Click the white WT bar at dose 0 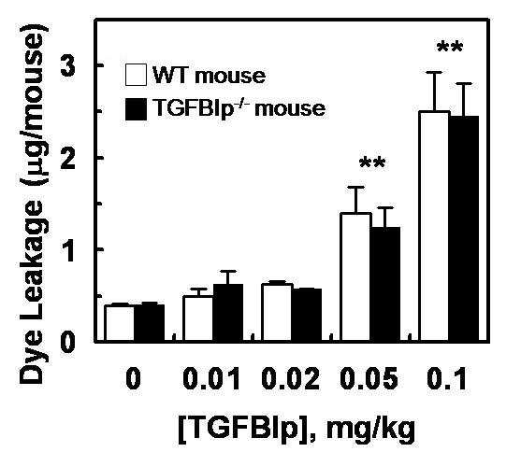click(x=120, y=323)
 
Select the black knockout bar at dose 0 click(x=150, y=322)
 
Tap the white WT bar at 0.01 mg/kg click(x=198, y=318)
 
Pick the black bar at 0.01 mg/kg click(x=228, y=313)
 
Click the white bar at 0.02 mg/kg click(x=277, y=312)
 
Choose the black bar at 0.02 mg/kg click(x=307, y=315)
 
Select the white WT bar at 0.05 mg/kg click(x=355, y=276)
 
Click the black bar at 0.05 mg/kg click(x=385, y=284)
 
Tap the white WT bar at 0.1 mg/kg click(x=434, y=226)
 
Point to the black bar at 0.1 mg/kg click(x=464, y=229)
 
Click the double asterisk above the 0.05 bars click(x=372, y=162)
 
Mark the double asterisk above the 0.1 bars click(x=450, y=47)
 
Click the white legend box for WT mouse click(x=136, y=75)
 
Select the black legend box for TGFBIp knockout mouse click(x=136, y=109)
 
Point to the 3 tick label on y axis click(x=68, y=66)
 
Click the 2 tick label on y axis click(x=68, y=158)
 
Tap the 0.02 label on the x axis click(x=291, y=378)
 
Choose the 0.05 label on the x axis click(x=369, y=378)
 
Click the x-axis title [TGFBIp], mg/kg click(x=297, y=429)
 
